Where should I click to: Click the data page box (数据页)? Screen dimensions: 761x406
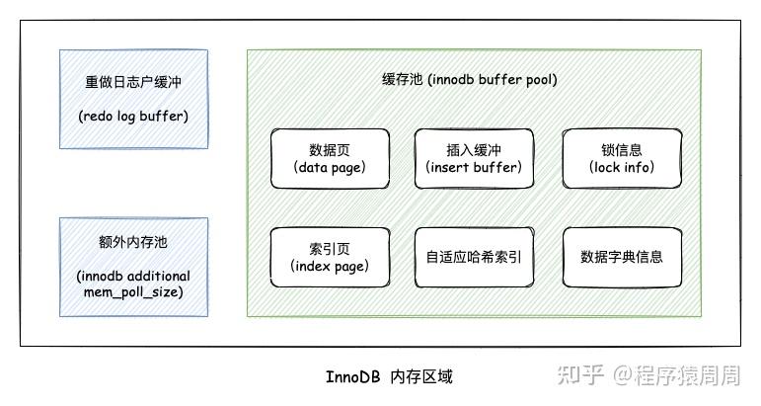coord(330,159)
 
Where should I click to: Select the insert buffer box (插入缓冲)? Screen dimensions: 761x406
coord(474,159)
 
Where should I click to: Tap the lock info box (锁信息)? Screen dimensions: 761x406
coord(622,159)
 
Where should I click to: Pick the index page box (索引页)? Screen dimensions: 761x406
coord(330,258)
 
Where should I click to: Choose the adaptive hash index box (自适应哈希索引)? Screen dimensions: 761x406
coord(474,258)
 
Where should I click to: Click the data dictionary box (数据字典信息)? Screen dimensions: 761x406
coord(622,258)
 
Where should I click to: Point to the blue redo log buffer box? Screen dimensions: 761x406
coord(134,99)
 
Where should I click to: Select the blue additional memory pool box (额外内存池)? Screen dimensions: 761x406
coord(134,267)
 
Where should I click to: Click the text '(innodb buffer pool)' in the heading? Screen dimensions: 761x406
coord(493,80)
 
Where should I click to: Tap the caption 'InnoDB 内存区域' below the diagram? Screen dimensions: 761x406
coord(389,377)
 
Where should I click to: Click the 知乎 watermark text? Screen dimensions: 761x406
coord(580,375)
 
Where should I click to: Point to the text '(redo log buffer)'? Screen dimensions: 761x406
coord(133,117)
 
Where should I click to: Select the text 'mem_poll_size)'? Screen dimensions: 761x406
coord(133,292)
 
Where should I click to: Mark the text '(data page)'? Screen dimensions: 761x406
coord(330,168)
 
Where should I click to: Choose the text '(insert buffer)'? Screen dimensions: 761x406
coord(474,168)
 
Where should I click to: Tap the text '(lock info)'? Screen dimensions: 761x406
coord(622,168)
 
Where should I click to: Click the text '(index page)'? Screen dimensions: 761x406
coord(330,267)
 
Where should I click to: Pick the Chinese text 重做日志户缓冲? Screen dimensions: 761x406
coord(133,82)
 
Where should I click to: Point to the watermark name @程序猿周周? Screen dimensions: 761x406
coord(676,375)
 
